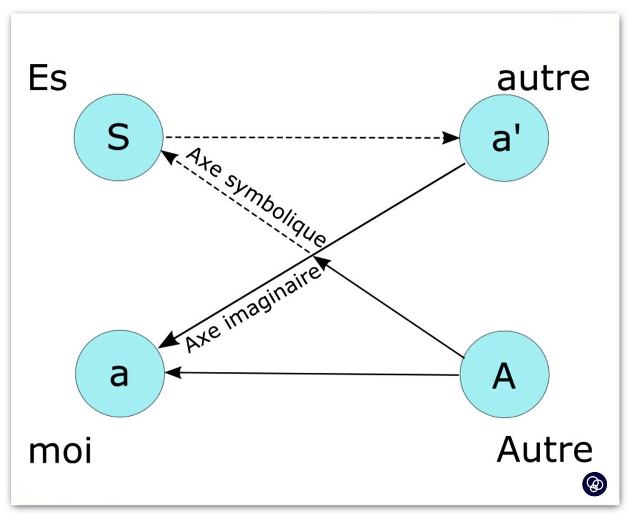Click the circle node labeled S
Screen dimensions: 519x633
coord(118,137)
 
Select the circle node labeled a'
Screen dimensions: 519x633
coord(504,138)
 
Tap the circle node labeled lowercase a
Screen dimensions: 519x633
coord(119,373)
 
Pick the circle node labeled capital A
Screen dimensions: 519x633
coord(504,374)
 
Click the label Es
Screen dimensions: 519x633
coord(47,79)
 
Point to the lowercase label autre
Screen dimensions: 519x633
coord(543,79)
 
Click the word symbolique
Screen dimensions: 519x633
coord(274,211)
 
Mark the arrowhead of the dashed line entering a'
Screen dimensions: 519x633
coord(451,138)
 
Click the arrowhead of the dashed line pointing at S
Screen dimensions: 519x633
coord(168,156)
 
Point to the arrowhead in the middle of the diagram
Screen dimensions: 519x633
coord(320,261)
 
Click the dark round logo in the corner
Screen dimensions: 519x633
coord(594,483)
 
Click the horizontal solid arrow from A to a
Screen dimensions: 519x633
coord(316,374)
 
